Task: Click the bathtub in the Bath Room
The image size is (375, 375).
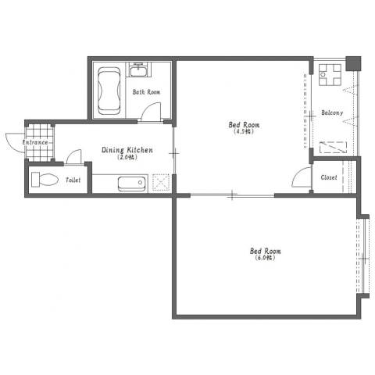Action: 109,91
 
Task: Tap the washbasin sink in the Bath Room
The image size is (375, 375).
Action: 138,70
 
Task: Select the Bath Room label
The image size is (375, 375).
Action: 146,92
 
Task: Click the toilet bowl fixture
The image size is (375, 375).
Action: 45,179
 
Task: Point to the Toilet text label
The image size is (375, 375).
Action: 73,180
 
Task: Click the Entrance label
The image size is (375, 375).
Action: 35,142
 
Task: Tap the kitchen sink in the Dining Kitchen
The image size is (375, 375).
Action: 132,184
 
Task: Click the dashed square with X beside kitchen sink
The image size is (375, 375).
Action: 161,182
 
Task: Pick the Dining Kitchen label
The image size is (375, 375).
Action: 127,150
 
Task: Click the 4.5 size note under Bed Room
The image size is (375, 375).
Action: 244,131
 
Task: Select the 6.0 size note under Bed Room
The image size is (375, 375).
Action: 265,258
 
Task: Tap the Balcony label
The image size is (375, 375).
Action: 332,112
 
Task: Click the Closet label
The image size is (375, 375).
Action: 329,177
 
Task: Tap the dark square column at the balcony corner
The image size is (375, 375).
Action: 353,63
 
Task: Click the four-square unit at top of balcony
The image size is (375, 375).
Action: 330,75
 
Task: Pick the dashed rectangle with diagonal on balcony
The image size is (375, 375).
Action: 333,148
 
